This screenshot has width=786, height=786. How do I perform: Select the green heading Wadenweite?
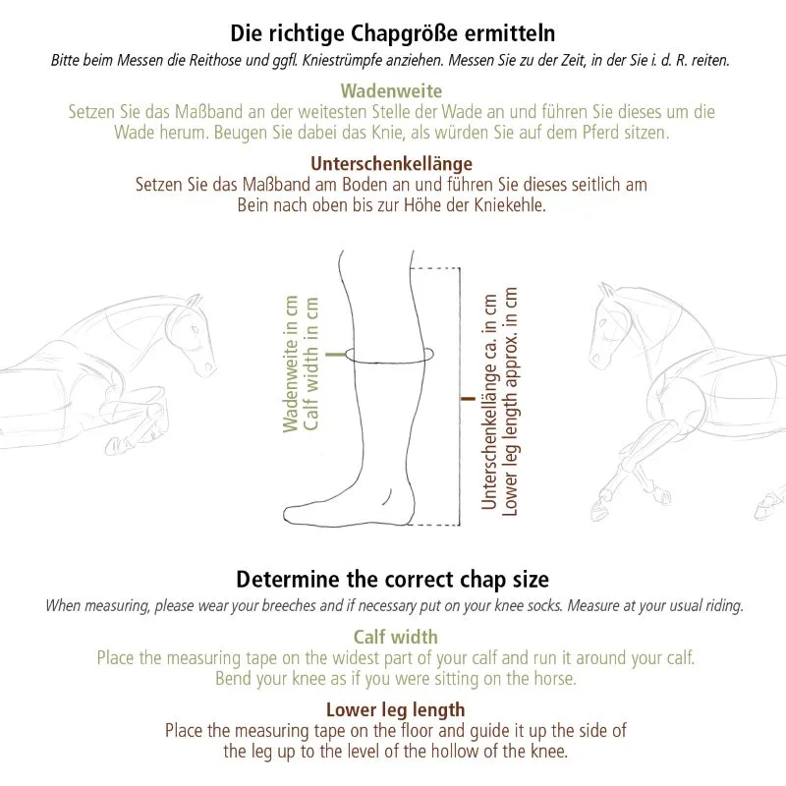click(x=391, y=91)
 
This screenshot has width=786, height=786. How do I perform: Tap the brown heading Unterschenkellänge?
click(x=391, y=164)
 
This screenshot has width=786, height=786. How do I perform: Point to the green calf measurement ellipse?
click(x=389, y=362)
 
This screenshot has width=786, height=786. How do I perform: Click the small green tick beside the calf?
click(x=336, y=355)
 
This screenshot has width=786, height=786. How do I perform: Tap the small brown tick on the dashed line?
click(x=468, y=399)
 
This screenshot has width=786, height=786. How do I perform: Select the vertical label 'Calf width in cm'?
click(x=311, y=364)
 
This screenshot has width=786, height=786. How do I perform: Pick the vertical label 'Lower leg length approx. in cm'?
click(x=510, y=401)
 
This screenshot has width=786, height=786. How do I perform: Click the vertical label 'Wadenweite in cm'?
click(x=291, y=364)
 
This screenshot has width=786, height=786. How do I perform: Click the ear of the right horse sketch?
click(x=607, y=290)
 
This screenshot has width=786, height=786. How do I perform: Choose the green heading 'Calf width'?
click(x=396, y=637)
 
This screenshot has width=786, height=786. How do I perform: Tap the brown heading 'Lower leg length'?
click(x=396, y=709)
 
